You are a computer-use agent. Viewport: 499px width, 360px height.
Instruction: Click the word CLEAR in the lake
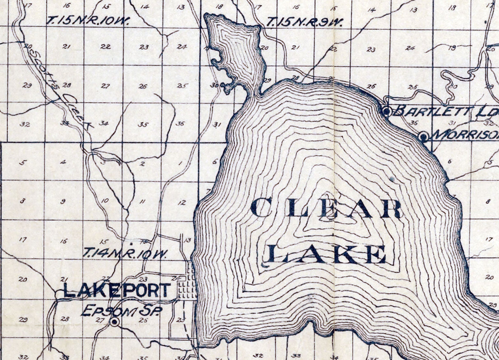pos(326,208)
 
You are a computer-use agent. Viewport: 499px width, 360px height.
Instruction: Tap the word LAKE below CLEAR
pos(327,254)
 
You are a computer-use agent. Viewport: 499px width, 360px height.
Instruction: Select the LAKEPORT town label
pos(117,290)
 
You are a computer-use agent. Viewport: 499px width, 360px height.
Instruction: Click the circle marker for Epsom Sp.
pos(115,323)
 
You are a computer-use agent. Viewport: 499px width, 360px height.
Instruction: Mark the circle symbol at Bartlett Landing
pos(386,111)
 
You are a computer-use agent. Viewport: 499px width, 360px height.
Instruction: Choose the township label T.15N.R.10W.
pos(88,20)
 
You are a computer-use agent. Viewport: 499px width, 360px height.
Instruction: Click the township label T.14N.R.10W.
pos(125,253)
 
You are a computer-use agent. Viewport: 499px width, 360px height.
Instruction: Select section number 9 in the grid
pos(63,202)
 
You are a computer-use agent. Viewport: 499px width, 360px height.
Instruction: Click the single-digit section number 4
pos(63,162)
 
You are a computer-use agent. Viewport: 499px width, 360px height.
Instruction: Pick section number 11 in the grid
pos(143,202)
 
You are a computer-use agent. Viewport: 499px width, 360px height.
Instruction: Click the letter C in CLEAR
pos(260,208)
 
